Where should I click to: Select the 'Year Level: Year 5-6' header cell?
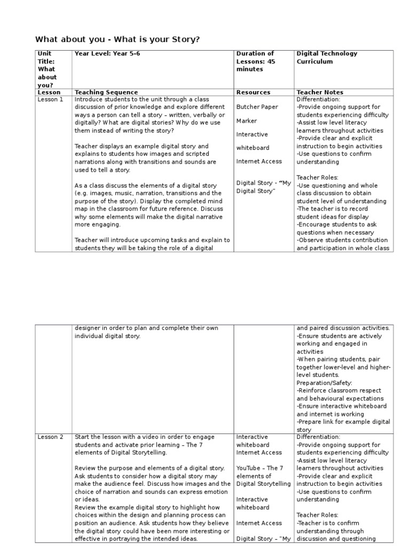point(107,54)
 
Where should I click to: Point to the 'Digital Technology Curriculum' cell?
point(327,58)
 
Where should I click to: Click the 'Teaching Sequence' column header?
point(106,92)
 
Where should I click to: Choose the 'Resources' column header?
point(253,92)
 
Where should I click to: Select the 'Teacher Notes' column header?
point(320,92)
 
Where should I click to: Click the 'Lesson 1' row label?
point(50,99)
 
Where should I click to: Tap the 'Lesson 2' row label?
point(50,437)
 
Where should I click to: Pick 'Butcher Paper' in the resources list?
point(257,107)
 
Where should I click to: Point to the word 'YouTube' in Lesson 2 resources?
point(249,468)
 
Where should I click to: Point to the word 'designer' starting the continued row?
point(87,328)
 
